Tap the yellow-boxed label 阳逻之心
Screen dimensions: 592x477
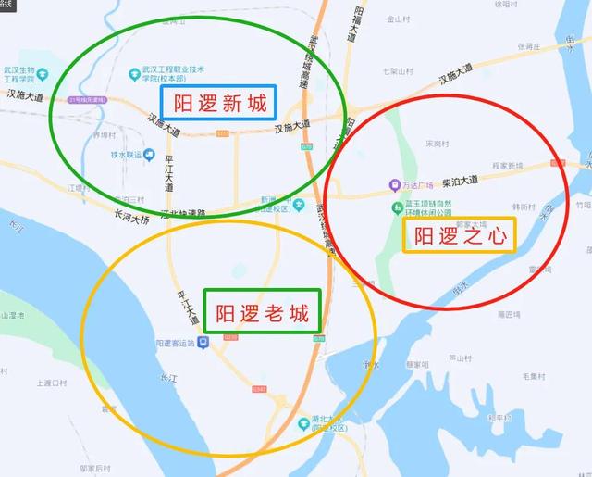click(460, 235)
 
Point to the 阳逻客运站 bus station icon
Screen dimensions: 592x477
click(203, 343)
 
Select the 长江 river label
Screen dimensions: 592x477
click(167, 378)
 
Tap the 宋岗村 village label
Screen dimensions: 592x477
click(435, 144)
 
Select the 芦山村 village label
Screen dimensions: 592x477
click(460, 358)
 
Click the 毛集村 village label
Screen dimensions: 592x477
click(536, 375)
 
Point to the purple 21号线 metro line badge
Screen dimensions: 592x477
click(88, 99)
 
